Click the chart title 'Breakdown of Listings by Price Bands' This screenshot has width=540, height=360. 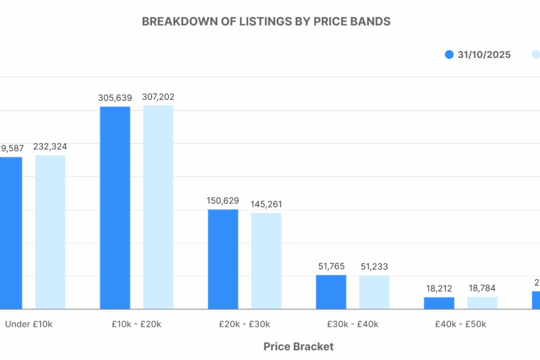point(266,21)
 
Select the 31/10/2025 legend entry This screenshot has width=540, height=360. point(477,55)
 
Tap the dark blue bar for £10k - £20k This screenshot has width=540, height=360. point(115,207)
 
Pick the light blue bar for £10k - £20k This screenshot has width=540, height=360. point(158,207)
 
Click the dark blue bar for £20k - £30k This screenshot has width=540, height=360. point(223,259)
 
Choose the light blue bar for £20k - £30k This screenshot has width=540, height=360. point(266,261)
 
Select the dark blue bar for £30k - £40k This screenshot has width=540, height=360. point(331,291)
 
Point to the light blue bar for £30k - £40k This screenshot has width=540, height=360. point(374,291)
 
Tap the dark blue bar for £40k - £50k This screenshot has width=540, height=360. point(439,303)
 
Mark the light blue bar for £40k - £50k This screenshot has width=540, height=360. point(482,303)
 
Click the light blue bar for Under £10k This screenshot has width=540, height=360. point(50,232)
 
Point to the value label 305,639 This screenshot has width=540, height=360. point(115,98)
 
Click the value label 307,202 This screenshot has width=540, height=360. point(158,97)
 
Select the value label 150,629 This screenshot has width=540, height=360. point(223,200)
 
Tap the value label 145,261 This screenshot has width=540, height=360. point(266,204)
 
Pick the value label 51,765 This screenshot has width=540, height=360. point(331,266)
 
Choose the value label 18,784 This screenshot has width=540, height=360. point(482,288)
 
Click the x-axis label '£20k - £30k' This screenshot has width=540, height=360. point(244,324)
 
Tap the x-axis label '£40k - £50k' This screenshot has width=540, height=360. point(460,324)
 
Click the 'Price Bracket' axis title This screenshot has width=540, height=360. point(298,347)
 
